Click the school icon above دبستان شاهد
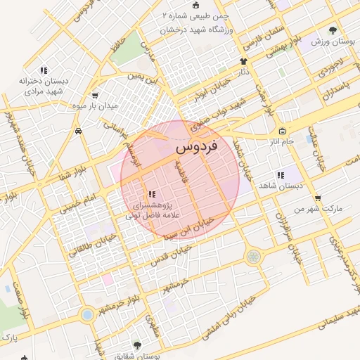click(281, 175)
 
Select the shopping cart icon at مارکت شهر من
click(319, 198)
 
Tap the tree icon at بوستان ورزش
click(333, 30)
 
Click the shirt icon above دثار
click(244, 61)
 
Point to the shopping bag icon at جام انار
click(282, 131)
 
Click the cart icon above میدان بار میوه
click(95, 96)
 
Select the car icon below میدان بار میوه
click(79, 131)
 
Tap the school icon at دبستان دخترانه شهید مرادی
click(44, 70)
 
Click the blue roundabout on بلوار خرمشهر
click(87, 314)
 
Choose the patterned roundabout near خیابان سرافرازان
click(252, 258)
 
